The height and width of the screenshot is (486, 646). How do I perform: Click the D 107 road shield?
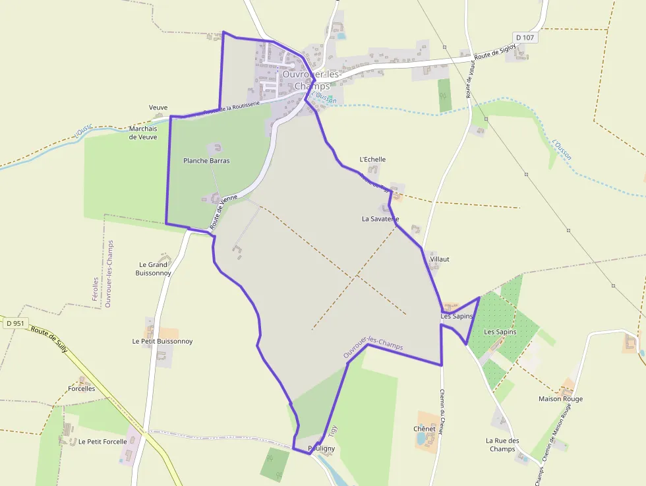point(525,38)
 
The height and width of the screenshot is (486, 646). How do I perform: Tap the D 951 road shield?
point(14,323)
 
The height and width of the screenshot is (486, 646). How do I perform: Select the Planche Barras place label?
point(206,160)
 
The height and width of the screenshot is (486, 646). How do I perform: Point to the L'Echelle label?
point(372,160)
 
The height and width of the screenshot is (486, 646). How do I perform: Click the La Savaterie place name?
point(380,218)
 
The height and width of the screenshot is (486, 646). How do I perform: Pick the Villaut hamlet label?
point(439,259)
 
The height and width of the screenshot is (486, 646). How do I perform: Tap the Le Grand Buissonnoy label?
point(153,268)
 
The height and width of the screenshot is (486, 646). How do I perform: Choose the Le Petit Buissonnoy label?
point(162,342)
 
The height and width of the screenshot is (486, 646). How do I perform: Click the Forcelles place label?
point(82,388)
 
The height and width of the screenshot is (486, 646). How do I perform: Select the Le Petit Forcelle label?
point(102,442)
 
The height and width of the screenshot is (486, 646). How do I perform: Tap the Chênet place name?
point(425,429)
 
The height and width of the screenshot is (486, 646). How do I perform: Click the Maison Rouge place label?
point(560,399)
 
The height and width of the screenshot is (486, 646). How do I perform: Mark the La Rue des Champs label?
point(502,444)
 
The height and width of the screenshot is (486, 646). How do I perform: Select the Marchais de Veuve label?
point(143,133)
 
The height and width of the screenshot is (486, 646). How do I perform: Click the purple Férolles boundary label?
point(96,289)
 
